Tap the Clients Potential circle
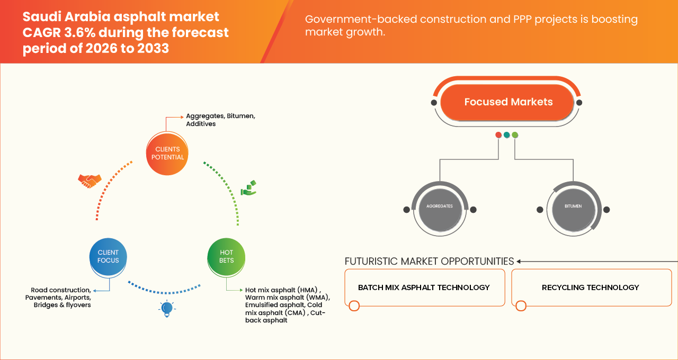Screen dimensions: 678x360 click(167, 154)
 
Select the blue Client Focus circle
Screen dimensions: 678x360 click(108, 257)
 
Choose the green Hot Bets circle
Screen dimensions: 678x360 click(226, 257)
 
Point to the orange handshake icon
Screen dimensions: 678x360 click(90, 181)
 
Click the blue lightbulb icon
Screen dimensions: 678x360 click(167, 309)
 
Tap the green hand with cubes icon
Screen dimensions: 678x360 click(249, 188)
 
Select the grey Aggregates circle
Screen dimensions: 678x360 click(440, 209)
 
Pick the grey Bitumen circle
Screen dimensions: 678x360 click(573, 209)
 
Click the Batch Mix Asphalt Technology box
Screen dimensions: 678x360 click(425, 287)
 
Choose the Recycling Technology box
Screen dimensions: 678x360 click(592, 287)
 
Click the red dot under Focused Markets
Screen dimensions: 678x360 click(498, 135)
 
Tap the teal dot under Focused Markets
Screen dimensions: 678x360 click(507, 135)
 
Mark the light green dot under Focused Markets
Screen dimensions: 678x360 click(515, 135)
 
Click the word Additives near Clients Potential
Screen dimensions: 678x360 click(201, 124)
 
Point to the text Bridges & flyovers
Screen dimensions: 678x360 click(62, 305)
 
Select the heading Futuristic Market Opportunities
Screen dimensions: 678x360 click(429, 261)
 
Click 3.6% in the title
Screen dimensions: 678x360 click(79, 32)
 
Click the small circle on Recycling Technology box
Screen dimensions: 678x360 click(521, 306)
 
